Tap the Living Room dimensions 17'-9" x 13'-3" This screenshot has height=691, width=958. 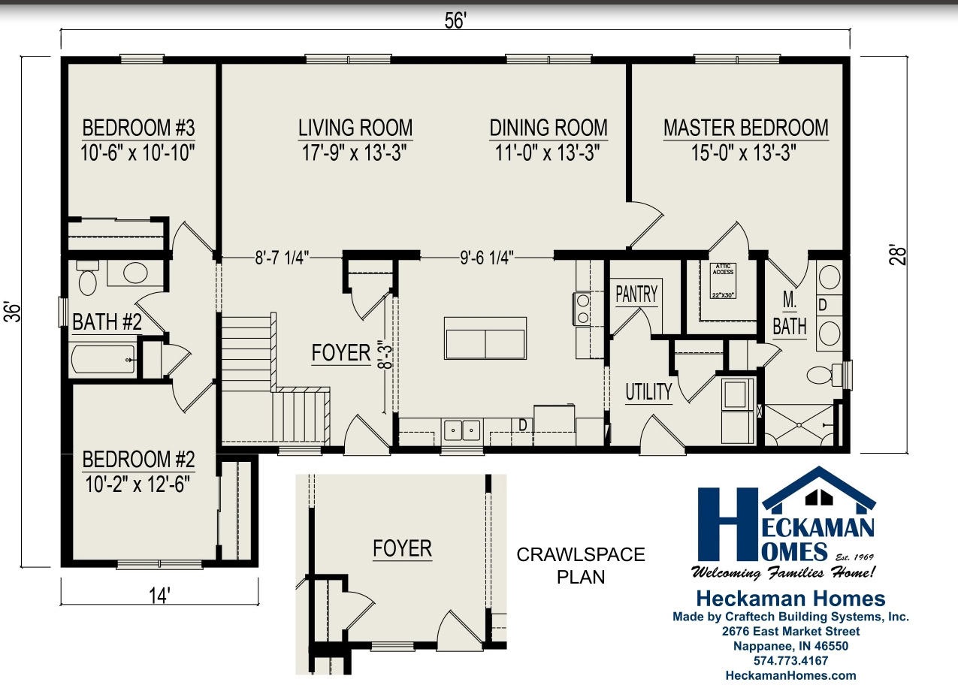point(355,153)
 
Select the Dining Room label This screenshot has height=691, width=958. point(549,128)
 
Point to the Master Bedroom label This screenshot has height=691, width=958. point(745,128)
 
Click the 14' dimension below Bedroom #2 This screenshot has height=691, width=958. point(159,595)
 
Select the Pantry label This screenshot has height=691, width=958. point(636,294)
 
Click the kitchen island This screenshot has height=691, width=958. point(485,337)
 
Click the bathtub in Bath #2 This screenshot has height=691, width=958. point(104,360)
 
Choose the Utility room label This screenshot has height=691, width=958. point(648,391)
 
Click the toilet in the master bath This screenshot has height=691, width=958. point(822,373)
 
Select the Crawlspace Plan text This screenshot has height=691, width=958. point(580,566)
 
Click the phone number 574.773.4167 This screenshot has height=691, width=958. point(790,661)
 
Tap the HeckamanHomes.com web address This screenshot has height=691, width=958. point(790,675)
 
